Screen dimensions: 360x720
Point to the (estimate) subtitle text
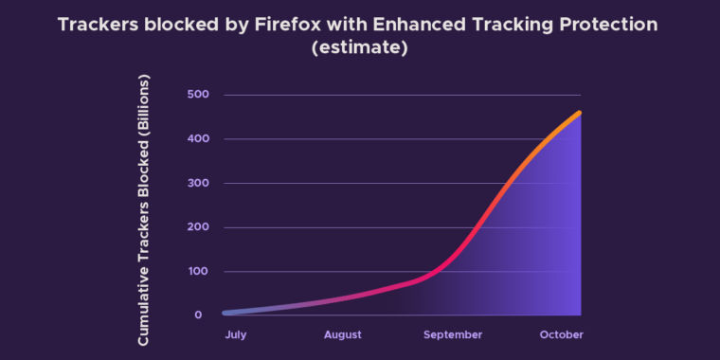[360, 48]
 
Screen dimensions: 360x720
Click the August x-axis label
[342, 334]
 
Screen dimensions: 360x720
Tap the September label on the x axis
[453, 334]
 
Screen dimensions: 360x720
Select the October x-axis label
[562, 334]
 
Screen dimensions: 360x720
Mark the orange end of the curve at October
[579, 114]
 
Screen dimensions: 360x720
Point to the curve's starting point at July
[225, 312]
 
